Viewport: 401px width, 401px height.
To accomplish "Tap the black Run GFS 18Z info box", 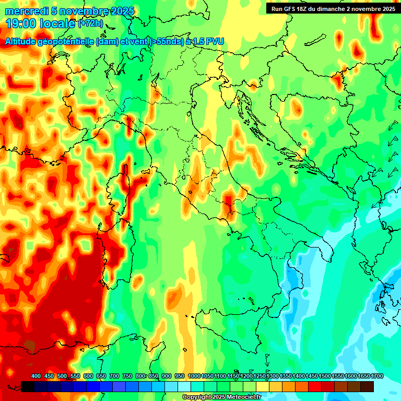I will (x=333, y=8).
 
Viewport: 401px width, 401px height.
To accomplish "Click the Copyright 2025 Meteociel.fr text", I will (x=221, y=397).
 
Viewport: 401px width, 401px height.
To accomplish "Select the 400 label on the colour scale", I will (x=36, y=376).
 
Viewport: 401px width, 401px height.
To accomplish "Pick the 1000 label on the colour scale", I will (x=194, y=376).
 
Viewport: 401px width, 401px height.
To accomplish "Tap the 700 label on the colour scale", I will (x=114, y=376).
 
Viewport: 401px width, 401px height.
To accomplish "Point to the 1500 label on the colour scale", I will (x=325, y=376).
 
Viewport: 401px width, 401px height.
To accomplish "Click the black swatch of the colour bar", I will (x=28, y=386).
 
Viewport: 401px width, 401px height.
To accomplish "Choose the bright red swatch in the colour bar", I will (x=315, y=386).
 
